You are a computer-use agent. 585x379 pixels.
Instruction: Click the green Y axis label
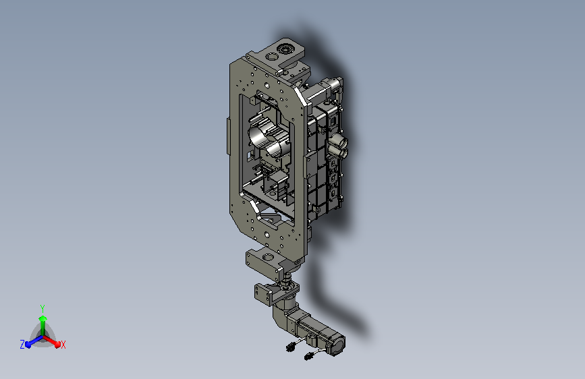[43, 308]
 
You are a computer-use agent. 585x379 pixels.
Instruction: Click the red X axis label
[63, 345]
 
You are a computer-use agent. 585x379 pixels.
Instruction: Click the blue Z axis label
[22, 345]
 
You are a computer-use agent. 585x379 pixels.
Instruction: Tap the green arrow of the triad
[43, 324]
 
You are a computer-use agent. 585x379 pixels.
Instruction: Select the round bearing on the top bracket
[285, 48]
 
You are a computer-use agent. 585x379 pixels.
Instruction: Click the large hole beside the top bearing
[272, 57]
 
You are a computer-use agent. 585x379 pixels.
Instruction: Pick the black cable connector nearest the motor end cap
[309, 356]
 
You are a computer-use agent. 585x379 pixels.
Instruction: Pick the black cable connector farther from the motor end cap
[290, 347]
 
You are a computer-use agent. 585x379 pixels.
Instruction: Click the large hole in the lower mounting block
[268, 257]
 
